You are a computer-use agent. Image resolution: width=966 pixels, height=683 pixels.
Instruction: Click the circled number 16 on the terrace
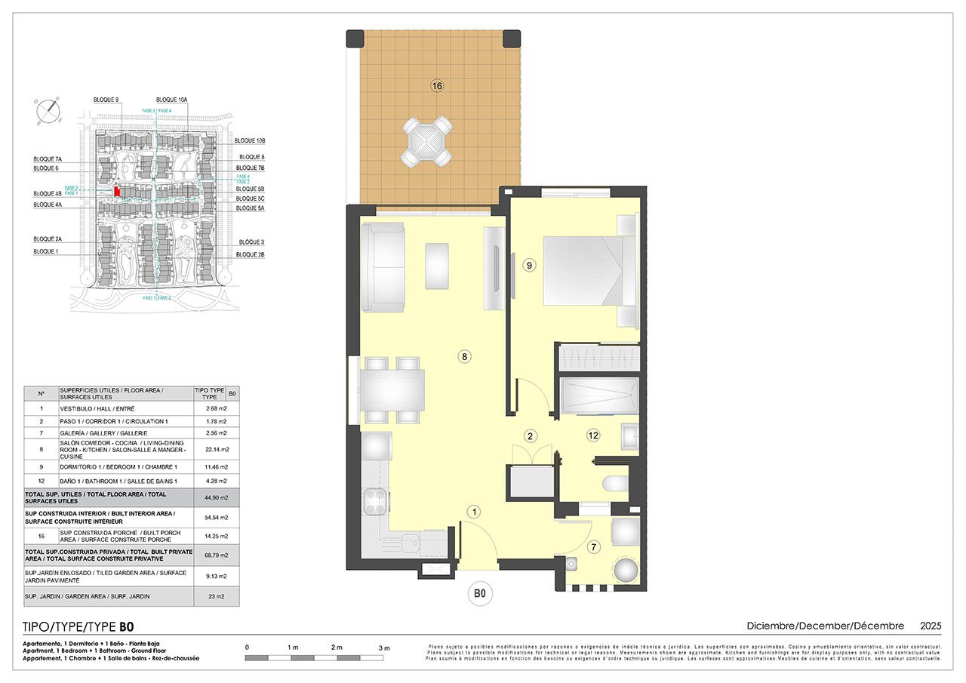click(x=436, y=86)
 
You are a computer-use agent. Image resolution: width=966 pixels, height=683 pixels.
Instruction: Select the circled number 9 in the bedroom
click(x=529, y=265)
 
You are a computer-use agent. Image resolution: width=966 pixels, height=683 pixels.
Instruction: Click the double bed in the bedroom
click(x=585, y=270)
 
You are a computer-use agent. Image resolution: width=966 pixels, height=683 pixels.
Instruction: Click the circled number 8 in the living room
click(x=465, y=357)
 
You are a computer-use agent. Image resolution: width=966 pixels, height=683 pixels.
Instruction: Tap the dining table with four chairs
click(x=392, y=389)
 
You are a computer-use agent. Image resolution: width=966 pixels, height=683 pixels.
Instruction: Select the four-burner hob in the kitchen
click(x=377, y=500)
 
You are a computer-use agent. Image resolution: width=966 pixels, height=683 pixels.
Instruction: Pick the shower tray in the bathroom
click(x=599, y=396)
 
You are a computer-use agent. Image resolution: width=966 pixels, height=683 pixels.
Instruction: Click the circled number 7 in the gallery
click(x=593, y=547)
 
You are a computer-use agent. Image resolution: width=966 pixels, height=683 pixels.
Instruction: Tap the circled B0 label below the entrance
click(x=478, y=595)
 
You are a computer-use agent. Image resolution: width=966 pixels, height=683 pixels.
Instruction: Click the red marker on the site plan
click(x=117, y=192)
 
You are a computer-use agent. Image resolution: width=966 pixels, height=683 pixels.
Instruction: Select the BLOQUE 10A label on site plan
click(x=172, y=100)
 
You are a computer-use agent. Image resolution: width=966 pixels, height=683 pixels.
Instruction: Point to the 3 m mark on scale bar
click(x=384, y=648)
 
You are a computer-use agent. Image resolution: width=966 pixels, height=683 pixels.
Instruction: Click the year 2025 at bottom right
click(x=930, y=626)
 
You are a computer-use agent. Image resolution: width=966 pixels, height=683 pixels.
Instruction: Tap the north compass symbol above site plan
click(x=49, y=110)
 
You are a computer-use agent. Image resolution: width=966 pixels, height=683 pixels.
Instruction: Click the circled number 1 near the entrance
click(x=473, y=512)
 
